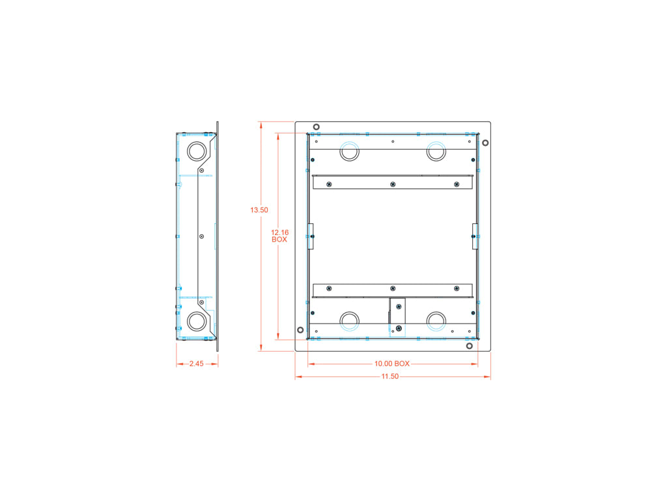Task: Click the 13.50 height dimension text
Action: point(259,210)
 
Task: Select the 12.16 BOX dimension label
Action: point(279,236)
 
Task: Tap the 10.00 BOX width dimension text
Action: point(392,364)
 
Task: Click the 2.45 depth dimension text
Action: point(197,364)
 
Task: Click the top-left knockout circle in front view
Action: point(350,151)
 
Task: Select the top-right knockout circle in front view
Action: point(436,151)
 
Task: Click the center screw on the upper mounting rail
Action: point(393,185)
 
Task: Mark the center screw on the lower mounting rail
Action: point(393,288)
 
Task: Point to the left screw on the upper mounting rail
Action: point(329,185)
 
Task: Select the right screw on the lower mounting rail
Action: point(457,288)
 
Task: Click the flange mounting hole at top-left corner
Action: point(316,127)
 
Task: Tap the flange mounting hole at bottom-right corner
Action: point(470,346)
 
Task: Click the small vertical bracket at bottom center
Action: point(397,316)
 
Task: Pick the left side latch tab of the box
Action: point(311,236)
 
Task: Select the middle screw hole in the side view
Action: point(202,236)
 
